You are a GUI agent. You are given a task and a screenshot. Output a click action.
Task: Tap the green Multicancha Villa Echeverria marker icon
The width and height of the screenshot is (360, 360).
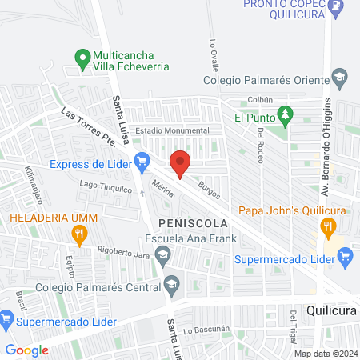[x=81, y=58]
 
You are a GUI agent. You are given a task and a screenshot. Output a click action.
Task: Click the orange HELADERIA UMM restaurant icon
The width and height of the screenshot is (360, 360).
[x=78, y=234]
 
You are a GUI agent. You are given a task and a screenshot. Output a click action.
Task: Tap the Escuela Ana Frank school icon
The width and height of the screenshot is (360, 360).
[x=163, y=256]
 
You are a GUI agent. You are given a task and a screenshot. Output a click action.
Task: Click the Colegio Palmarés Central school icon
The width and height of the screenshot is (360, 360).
[x=171, y=284]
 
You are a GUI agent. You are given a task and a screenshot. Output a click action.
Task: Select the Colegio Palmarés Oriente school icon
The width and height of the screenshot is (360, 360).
[x=339, y=80]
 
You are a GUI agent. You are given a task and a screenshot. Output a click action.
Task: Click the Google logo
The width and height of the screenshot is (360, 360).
[x=27, y=350]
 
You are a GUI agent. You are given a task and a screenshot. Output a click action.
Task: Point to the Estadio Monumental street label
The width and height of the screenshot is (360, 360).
[x=172, y=130]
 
